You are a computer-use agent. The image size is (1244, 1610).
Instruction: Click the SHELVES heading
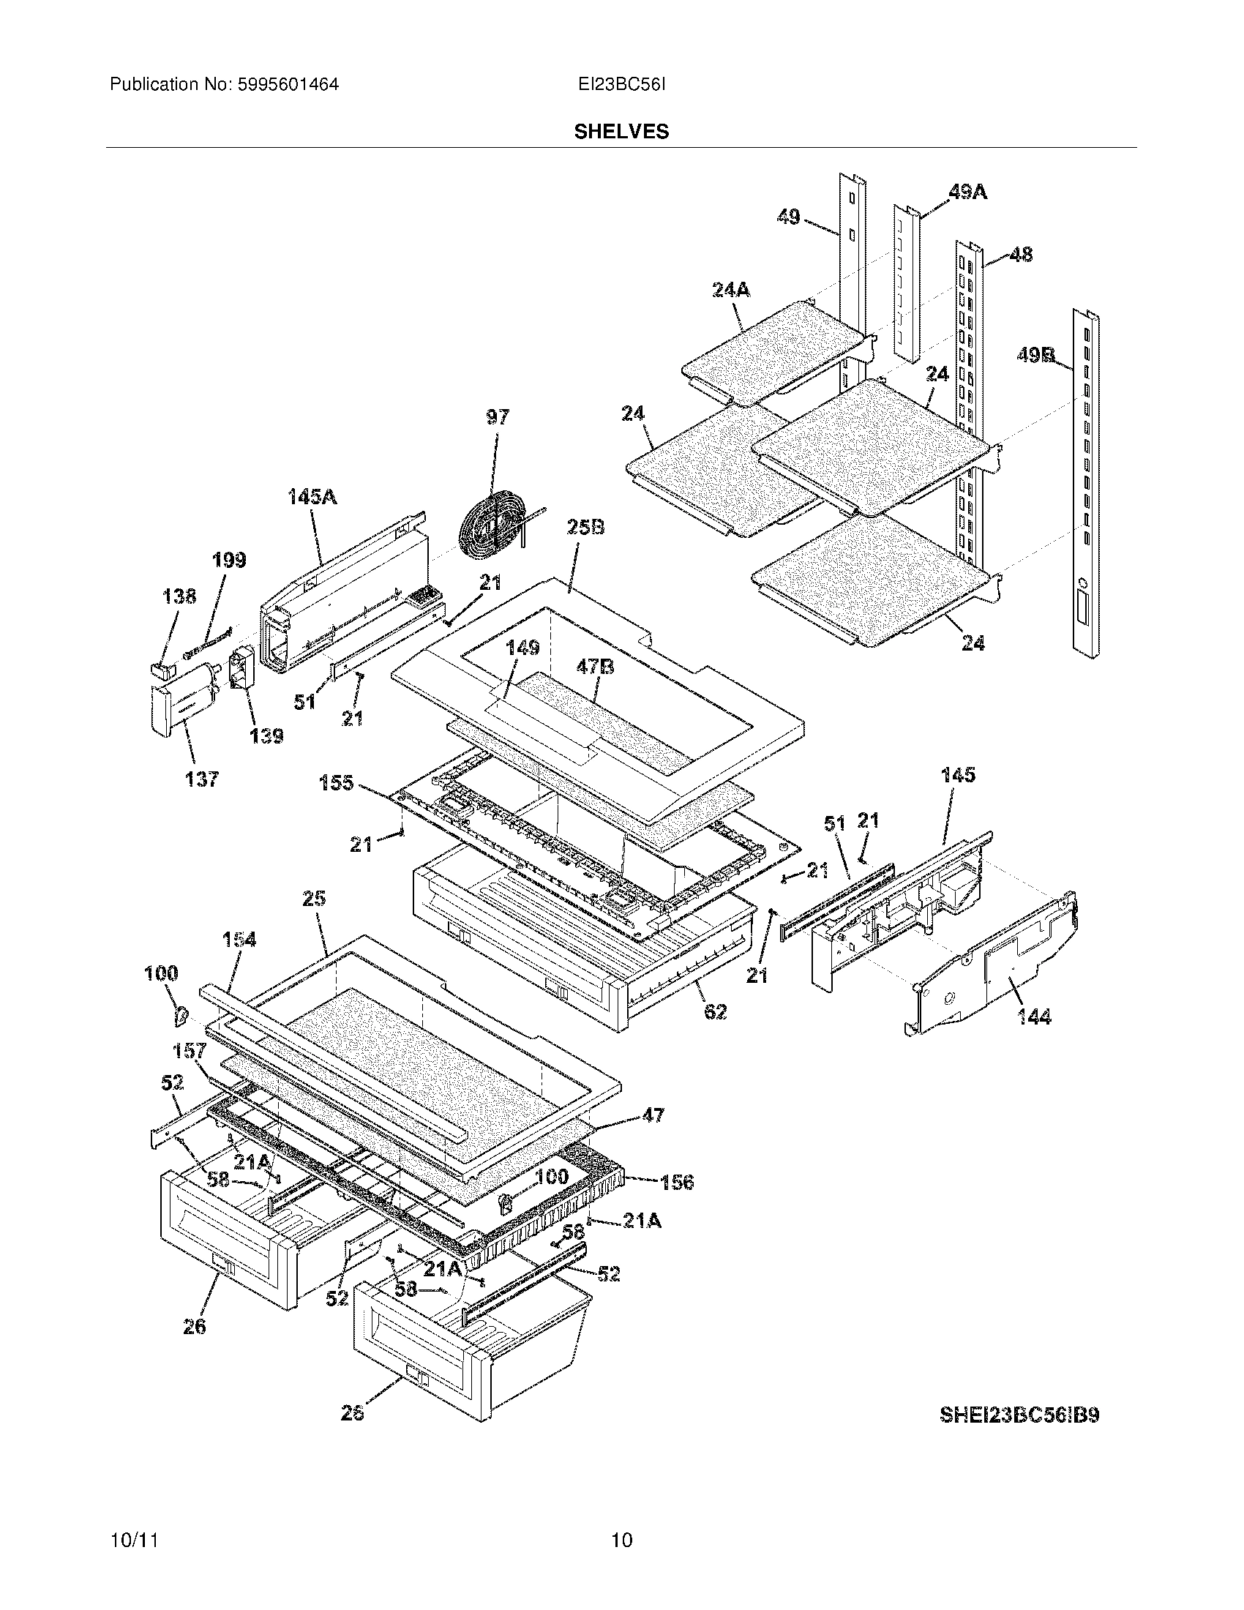click(x=621, y=131)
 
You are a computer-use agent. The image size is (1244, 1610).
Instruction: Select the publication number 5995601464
click(x=289, y=85)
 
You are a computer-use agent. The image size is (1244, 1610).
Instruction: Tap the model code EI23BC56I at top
click(x=621, y=85)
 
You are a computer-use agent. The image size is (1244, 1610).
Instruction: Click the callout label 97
click(x=498, y=417)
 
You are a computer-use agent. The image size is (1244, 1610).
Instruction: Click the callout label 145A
click(x=312, y=497)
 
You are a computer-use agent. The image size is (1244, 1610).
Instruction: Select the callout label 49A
click(x=967, y=192)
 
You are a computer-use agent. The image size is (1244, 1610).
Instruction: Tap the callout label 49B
click(x=1035, y=356)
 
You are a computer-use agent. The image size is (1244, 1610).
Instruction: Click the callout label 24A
click(x=731, y=290)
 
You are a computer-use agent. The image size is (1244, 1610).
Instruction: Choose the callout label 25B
click(x=586, y=527)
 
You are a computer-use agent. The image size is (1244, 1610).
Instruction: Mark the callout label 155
click(x=336, y=783)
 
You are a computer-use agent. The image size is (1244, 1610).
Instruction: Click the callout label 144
click(x=1034, y=1017)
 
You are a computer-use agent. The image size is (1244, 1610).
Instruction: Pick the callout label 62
click(x=715, y=1011)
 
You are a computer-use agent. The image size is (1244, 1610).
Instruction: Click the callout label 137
click(x=202, y=779)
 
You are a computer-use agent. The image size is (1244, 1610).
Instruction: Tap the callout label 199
click(x=229, y=561)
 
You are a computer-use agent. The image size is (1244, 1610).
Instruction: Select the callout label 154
click(x=239, y=939)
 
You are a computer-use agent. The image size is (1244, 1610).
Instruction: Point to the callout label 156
click(x=677, y=1183)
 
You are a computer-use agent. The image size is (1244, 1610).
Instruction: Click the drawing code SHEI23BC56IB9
click(x=1019, y=1415)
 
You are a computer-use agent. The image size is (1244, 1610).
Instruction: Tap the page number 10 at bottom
click(x=621, y=1540)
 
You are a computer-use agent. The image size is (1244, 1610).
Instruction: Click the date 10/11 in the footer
click(x=135, y=1540)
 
